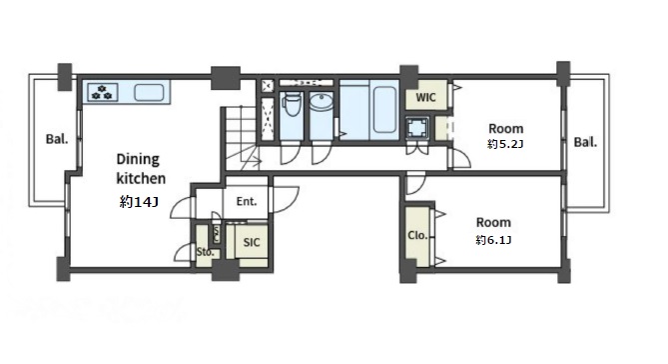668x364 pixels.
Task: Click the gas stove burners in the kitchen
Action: pyautogui.click(x=102, y=92)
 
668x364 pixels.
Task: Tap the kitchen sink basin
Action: pyautogui.click(x=149, y=93)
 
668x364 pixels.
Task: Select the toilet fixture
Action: pyautogui.click(x=292, y=105)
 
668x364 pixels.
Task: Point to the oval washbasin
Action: pyautogui.click(x=322, y=103)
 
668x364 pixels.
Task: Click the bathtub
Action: pyautogui.click(x=384, y=109)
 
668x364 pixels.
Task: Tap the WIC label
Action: pyautogui.click(x=425, y=97)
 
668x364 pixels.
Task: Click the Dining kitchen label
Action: pyautogui.click(x=141, y=169)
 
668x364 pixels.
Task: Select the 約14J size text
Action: pyautogui.click(x=140, y=201)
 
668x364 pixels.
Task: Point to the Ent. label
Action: pyautogui.click(x=247, y=201)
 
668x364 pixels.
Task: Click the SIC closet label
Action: pyautogui.click(x=252, y=242)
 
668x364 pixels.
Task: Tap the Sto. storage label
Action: pyautogui.click(x=205, y=252)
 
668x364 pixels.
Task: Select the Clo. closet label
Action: pyautogui.click(x=417, y=235)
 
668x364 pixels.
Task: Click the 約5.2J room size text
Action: pyautogui.click(x=505, y=144)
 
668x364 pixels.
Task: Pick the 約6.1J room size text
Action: pyautogui.click(x=493, y=240)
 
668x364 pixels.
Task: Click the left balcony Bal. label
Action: pyautogui.click(x=57, y=139)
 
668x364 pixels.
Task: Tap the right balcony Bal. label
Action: pyautogui.click(x=585, y=142)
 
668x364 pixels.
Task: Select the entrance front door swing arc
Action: pyautogui.click(x=287, y=199)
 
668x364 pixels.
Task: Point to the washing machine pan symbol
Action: pyautogui.click(x=416, y=128)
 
